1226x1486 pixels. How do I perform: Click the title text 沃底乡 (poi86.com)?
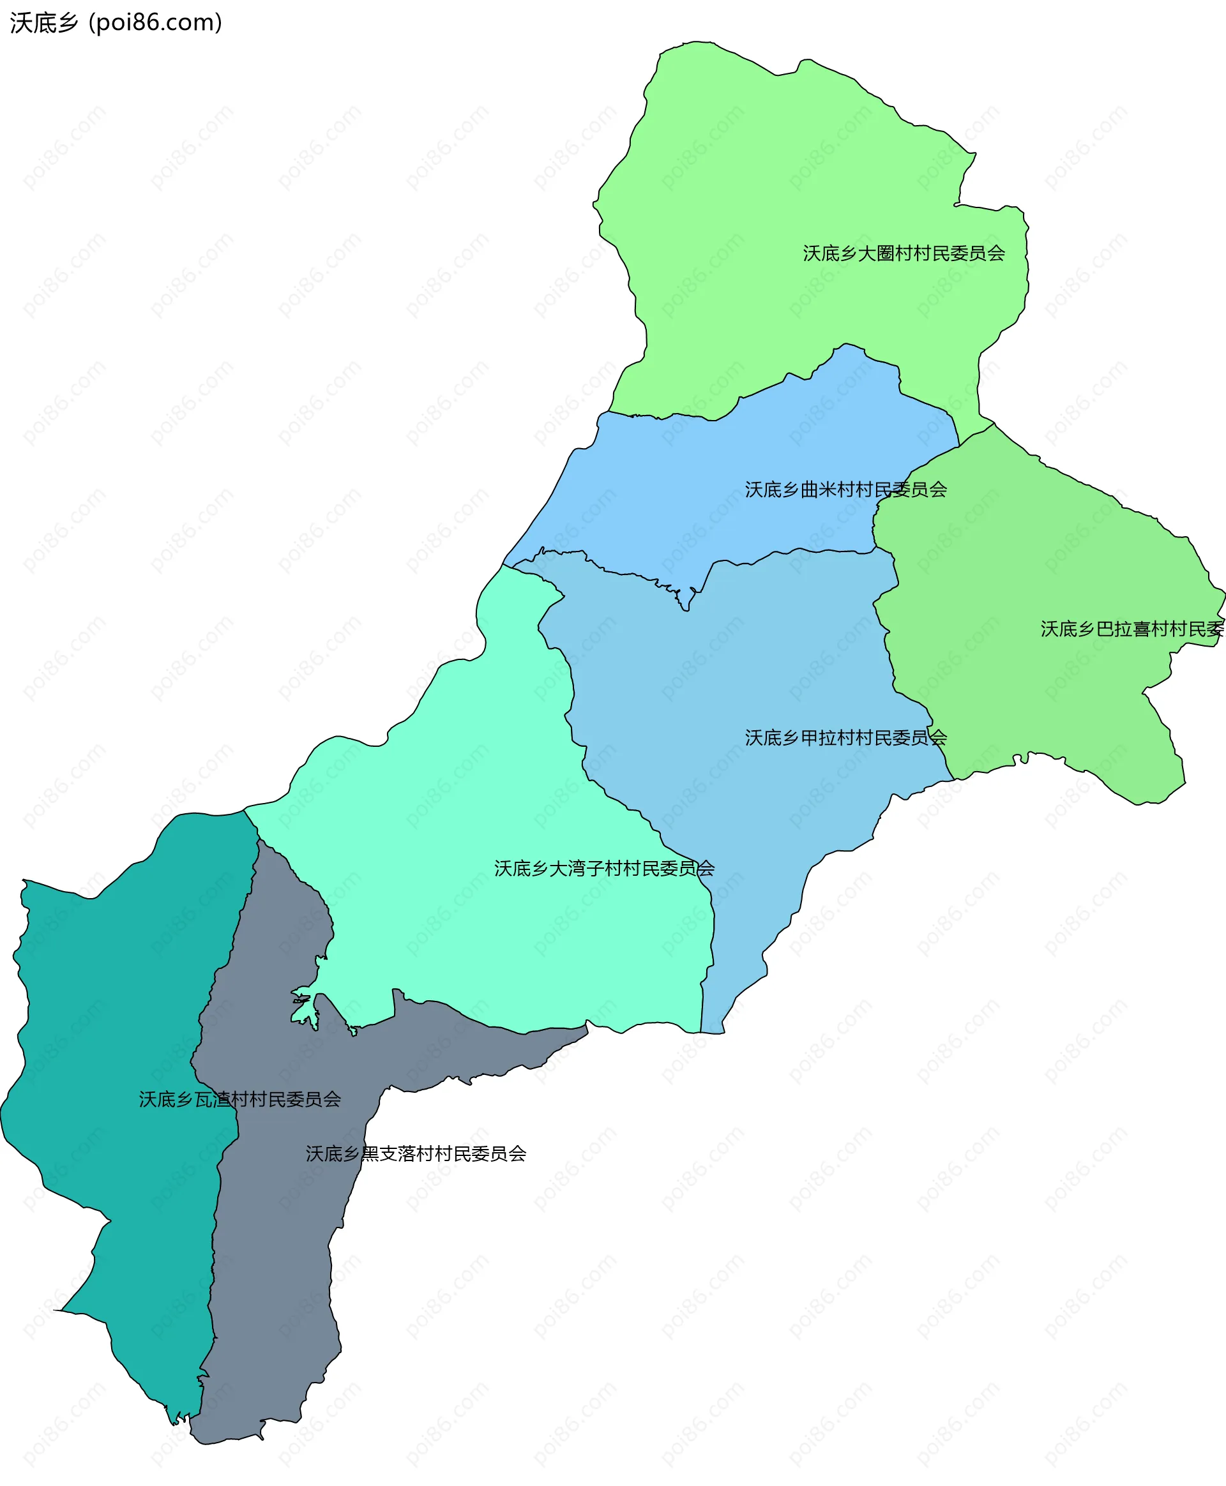click(x=116, y=22)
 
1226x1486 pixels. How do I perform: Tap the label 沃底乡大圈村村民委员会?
click(x=904, y=253)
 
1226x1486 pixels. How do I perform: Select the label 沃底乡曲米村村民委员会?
click(x=845, y=489)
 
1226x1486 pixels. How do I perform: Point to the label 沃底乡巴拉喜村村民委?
click(x=1131, y=629)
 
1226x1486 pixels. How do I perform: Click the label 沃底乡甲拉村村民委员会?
click(x=845, y=738)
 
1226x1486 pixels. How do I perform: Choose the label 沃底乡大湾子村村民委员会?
click(x=604, y=868)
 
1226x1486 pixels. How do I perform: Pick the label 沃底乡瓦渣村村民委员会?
click(x=239, y=1099)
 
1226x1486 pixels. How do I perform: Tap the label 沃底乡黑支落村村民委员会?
click(x=415, y=1153)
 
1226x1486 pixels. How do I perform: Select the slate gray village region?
click(x=275, y=1271)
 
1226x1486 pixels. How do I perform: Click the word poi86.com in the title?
click(x=155, y=22)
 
